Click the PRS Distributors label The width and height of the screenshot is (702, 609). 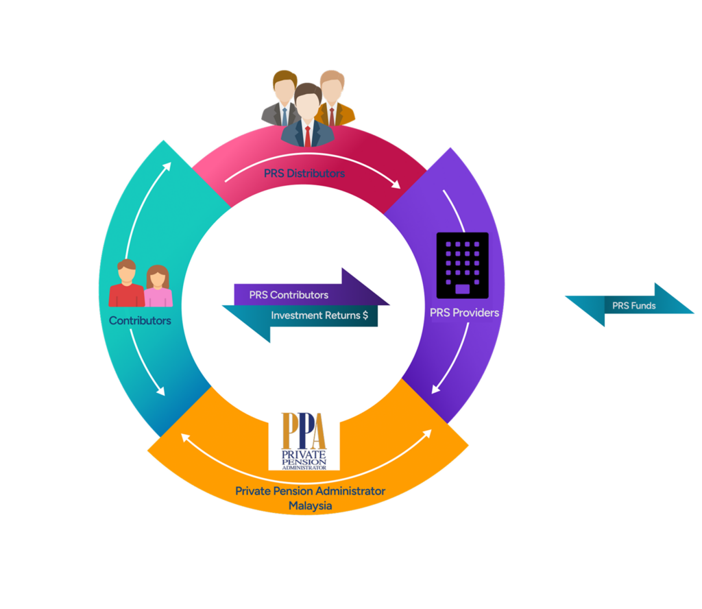[304, 174]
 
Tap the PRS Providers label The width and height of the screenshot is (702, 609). [464, 313]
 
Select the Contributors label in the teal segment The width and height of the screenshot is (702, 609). [140, 320]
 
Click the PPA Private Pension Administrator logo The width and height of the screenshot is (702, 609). [304, 441]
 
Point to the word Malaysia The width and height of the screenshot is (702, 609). [310, 505]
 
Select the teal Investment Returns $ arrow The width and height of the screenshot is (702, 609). [302, 317]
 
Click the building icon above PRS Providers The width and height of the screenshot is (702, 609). [463, 265]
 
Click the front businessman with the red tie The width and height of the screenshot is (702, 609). [307, 117]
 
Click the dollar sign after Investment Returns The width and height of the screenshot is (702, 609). [365, 316]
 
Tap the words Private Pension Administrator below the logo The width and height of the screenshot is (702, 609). [310, 491]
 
